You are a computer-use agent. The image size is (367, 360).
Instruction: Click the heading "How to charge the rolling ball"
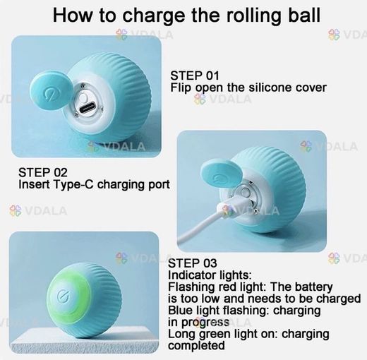186,16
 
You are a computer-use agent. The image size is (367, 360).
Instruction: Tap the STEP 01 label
195,76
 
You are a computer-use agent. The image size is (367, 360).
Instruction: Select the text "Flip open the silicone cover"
248,88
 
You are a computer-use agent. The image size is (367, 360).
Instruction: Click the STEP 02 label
43,172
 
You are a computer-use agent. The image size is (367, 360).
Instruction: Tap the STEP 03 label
192,263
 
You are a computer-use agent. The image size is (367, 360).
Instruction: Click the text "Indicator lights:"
210,275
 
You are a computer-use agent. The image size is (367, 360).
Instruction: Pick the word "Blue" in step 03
179,310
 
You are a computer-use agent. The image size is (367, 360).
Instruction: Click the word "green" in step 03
215,335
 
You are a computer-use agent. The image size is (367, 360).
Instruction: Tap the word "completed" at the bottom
196,346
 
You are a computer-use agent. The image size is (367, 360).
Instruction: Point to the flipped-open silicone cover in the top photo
52,92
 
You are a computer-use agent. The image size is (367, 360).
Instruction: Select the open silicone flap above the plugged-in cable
220,174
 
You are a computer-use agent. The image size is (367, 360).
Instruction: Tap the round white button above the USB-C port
84,97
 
